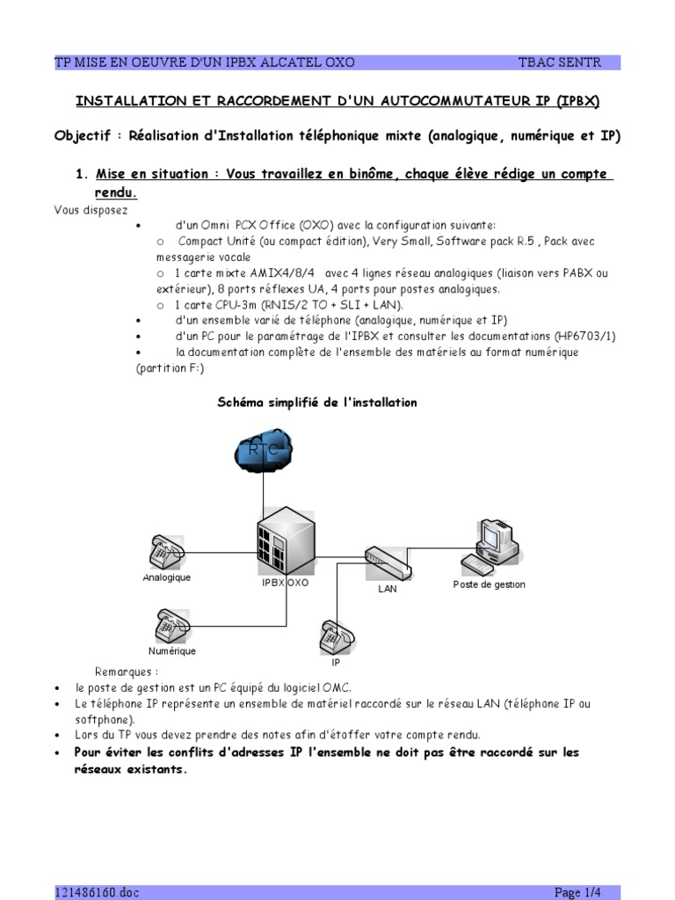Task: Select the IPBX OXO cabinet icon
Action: pyautogui.click(x=285, y=541)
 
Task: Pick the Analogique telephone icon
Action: pyautogui.click(x=166, y=551)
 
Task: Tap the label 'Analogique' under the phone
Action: pyautogui.click(x=166, y=577)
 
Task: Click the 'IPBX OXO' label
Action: pyautogui.click(x=285, y=582)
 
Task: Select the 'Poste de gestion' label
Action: pyautogui.click(x=489, y=584)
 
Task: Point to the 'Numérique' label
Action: pyautogui.click(x=171, y=651)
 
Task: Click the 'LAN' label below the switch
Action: pyautogui.click(x=388, y=589)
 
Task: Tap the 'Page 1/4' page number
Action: pyautogui.click(x=578, y=892)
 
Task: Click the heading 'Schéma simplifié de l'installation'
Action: pyautogui.click(x=316, y=403)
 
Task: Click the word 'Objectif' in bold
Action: pyautogui.click(x=84, y=136)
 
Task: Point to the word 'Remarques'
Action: pyautogui.click(x=127, y=671)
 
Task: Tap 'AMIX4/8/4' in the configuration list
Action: pyautogui.click(x=272, y=272)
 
